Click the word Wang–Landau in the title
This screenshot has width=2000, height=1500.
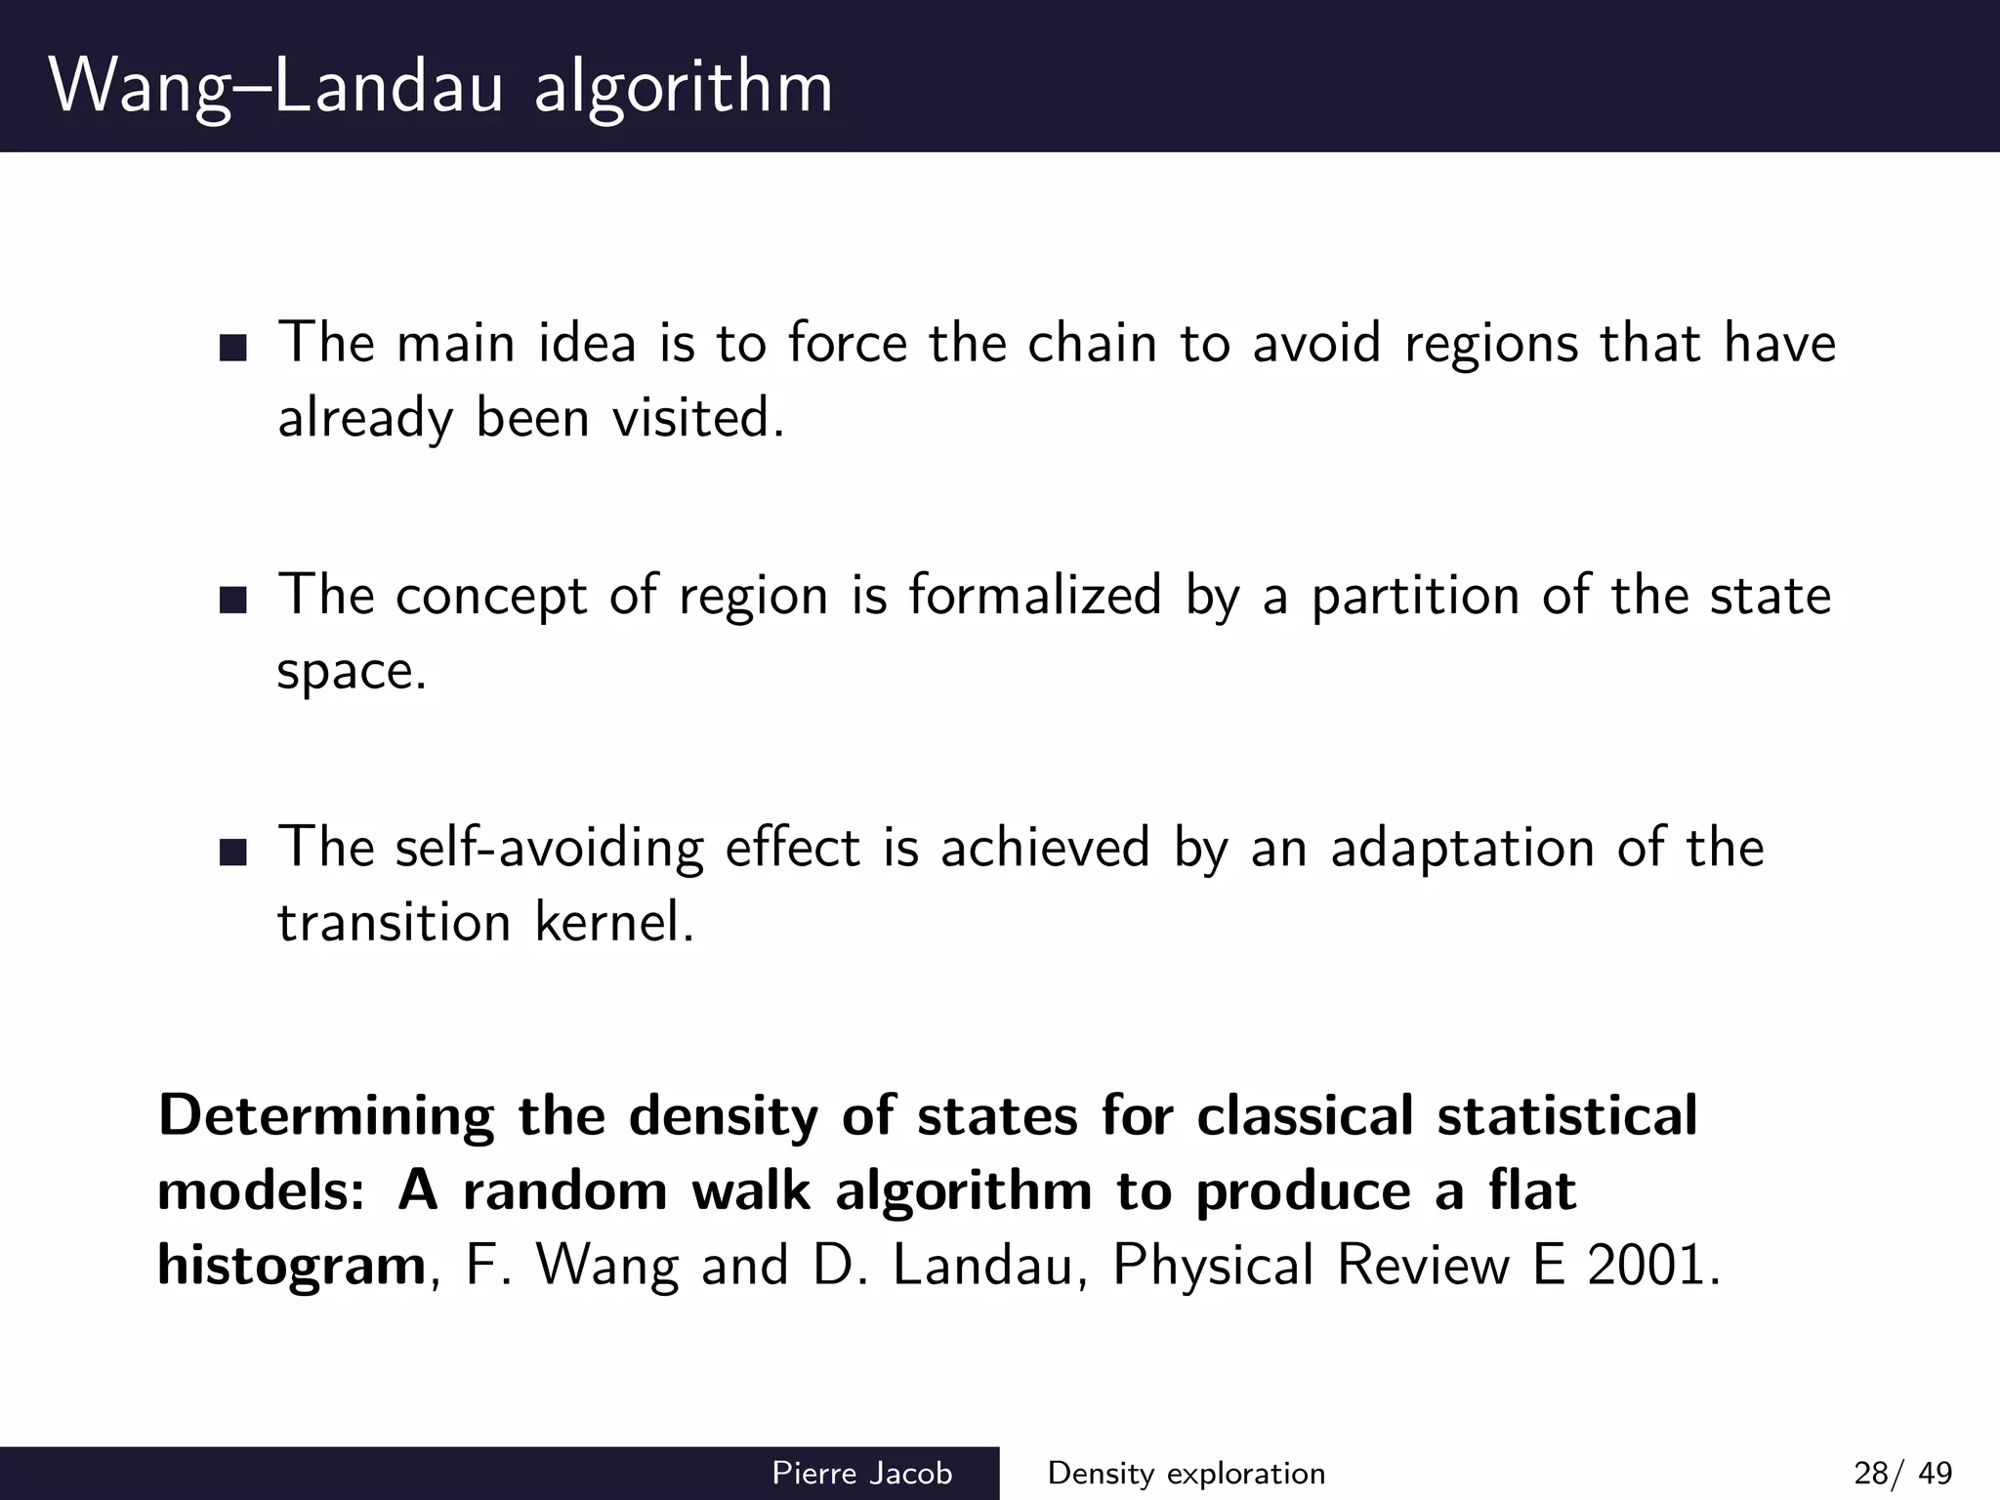[275, 88]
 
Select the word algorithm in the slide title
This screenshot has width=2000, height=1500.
[684, 88]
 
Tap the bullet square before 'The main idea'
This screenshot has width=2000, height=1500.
[233, 349]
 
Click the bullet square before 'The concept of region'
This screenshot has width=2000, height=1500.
[233, 600]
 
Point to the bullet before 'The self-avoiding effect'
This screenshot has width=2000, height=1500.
[233, 852]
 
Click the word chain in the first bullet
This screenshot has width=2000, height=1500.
[1092, 344]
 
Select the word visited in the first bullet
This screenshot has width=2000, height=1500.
[697, 419]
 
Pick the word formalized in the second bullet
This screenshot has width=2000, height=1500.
[1035, 595]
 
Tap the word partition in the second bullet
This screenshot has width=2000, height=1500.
[1414, 595]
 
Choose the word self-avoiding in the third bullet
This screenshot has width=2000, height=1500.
[549, 847]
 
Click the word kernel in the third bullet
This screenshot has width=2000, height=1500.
[613, 922]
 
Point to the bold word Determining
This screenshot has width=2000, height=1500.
[326, 1116]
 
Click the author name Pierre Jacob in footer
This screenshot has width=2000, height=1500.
[861, 1474]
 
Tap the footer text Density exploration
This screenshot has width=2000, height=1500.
[1186, 1474]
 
